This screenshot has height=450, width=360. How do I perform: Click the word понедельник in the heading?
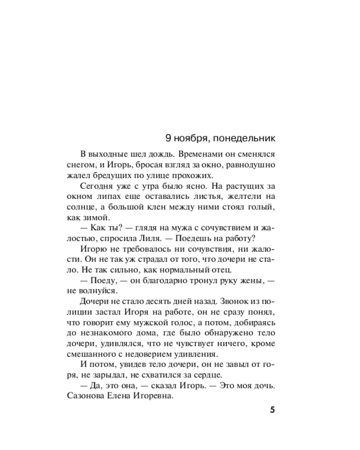(x=244, y=137)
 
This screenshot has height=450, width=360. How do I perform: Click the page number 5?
(x=272, y=411)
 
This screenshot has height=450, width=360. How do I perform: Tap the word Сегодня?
(x=98, y=186)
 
